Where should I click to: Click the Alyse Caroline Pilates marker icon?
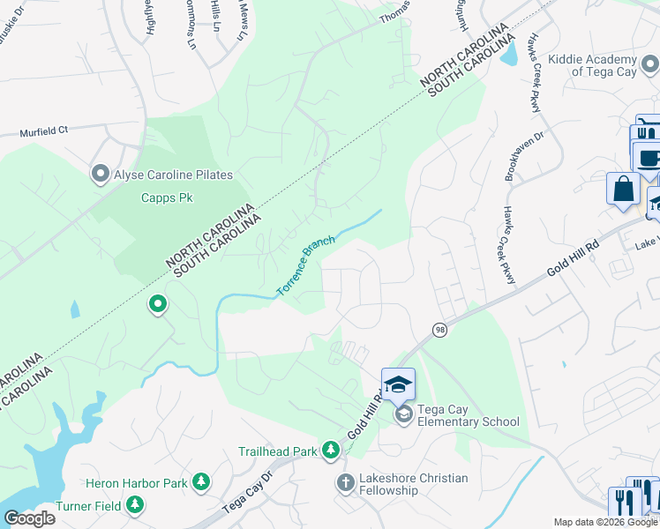[101, 174]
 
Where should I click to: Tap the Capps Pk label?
[167, 197]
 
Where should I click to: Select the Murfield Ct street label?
[44, 131]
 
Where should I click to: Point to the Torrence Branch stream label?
[305, 265]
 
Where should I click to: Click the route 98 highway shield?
[439, 329]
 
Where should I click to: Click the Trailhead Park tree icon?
[331, 451]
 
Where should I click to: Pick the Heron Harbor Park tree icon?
[202, 482]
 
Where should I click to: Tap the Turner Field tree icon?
[135, 504]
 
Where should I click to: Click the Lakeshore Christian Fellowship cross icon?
[345, 482]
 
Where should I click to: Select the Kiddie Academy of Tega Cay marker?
[649, 63]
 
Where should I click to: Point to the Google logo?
[29, 518]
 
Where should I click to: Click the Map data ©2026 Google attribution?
[605, 522]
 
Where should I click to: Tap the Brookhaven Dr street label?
[514, 157]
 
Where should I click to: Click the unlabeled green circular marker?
[158, 305]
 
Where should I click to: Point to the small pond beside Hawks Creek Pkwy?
[509, 56]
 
